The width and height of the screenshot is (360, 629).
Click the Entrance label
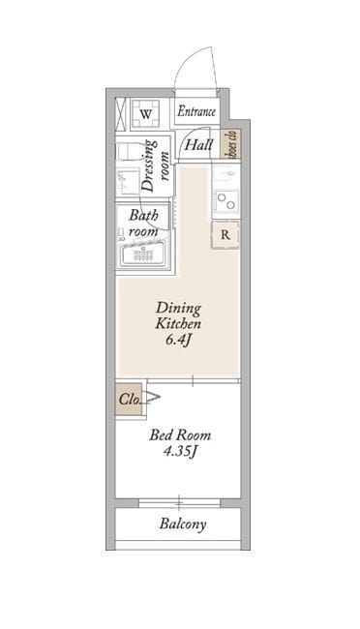pyautogui.click(x=196, y=111)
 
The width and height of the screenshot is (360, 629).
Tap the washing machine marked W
pyautogui.click(x=146, y=113)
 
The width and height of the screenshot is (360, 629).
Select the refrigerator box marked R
pyautogui.click(x=225, y=235)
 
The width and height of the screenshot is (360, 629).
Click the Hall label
pyautogui.click(x=198, y=144)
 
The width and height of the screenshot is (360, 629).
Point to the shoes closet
pyautogui.click(x=230, y=143)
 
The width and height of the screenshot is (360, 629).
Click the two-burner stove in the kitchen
pyautogui.click(x=225, y=200)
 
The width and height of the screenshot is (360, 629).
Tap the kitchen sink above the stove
pyautogui.click(x=225, y=174)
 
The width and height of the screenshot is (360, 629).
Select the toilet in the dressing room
pyautogui.click(x=129, y=150)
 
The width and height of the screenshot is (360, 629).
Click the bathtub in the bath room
pyautogui.click(x=143, y=254)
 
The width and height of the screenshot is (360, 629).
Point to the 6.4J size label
pyautogui.click(x=177, y=340)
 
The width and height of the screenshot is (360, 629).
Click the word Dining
pyautogui.click(x=178, y=308)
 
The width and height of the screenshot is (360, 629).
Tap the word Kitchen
pyautogui.click(x=178, y=323)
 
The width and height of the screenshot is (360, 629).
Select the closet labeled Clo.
pyautogui.click(x=129, y=399)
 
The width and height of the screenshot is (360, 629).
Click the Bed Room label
pyautogui.click(x=180, y=434)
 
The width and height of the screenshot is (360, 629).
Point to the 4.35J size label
pyautogui.click(x=179, y=451)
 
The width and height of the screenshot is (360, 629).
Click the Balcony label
pyautogui.click(x=183, y=524)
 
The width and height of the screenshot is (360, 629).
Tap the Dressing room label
pyautogui.click(x=155, y=165)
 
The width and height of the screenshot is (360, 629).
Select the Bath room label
pyautogui.click(x=143, y=223)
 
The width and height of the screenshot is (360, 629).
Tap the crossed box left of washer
pyautogui.click(x=121, y=113)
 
